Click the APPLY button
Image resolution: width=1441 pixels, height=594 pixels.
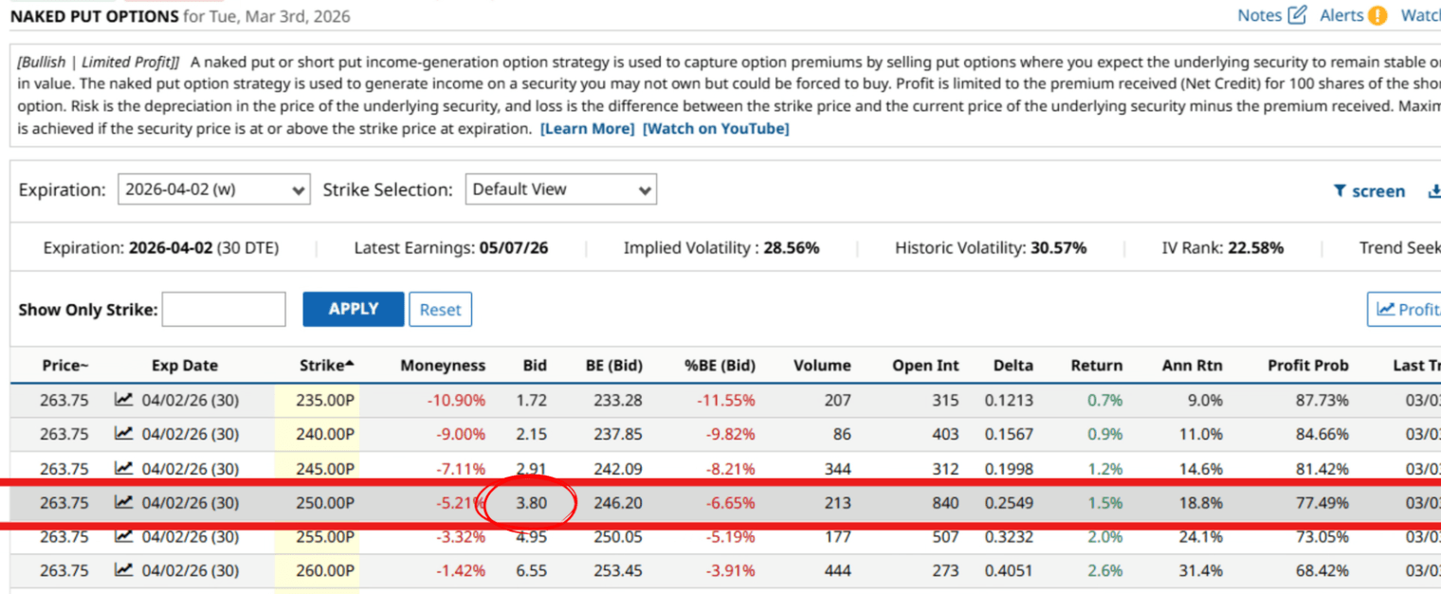tap(353, 309)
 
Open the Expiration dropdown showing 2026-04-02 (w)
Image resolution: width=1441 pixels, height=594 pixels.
tap(214, 189)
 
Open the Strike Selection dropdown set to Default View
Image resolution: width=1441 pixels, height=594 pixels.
tap(560, 189)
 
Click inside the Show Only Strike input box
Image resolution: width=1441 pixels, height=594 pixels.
tap(224, 310)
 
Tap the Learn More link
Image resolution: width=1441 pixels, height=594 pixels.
tap(587, 128)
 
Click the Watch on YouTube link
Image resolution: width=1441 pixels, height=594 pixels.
tap(716, 128)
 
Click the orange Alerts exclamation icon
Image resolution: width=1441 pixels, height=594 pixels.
tap(1377, 15)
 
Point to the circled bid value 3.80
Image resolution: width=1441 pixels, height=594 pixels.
tap(531, 503)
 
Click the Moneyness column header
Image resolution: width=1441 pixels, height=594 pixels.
tap(443, 366)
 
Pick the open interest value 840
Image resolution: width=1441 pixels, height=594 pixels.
tap(944, 503)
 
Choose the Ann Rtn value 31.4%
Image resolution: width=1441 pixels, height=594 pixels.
tap(1206, 571)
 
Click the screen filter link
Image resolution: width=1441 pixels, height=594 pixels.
tap(1369, 191)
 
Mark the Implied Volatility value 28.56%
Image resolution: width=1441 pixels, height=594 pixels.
tap(791, 248)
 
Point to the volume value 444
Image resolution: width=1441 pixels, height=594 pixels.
tap(837, 571)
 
